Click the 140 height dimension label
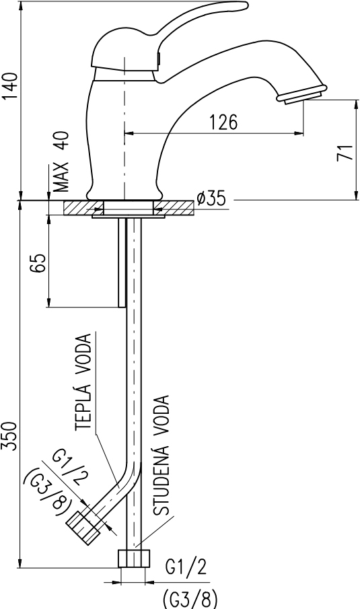[10, 86]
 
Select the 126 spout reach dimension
[223, 122]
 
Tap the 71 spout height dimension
[345, 152]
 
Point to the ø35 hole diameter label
[211, 198]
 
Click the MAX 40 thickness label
[61, 162]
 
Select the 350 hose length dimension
[10, 436]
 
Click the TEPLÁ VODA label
[83, 382]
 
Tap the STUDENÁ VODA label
[161, 455]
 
